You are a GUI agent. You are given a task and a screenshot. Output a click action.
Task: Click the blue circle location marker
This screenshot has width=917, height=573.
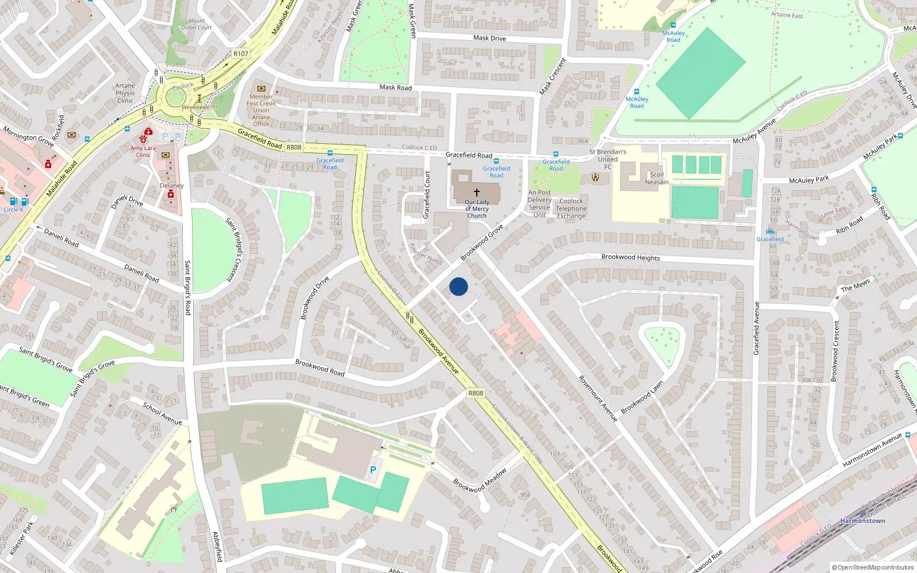458,286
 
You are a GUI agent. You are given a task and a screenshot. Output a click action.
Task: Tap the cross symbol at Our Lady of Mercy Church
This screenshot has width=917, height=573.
476,193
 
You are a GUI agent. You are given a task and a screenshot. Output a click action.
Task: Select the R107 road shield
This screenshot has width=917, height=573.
241,54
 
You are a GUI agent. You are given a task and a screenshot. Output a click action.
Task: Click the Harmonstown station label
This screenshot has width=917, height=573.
863,521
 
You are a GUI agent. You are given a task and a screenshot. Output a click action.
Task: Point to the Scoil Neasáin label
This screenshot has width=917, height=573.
657,178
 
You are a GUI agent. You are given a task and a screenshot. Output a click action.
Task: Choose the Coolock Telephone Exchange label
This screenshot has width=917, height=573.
571,209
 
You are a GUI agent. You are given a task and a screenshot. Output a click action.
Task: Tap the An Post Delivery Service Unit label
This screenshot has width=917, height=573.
539,204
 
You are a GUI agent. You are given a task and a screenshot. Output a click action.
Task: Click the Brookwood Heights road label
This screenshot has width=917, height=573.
630,257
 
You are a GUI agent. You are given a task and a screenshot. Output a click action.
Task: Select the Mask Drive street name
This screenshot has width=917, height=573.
489,38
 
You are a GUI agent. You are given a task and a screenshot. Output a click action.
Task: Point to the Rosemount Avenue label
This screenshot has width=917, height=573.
598,399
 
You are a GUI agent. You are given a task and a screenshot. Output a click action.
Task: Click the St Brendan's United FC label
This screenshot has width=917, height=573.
608,159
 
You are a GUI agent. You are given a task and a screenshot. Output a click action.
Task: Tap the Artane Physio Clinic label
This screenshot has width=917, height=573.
125,93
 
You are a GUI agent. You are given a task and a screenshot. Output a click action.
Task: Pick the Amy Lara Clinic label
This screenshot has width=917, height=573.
143,151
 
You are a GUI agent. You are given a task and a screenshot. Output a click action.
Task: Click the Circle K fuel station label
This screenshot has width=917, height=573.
14,210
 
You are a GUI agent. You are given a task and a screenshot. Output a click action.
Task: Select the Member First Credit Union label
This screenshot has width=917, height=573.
261,110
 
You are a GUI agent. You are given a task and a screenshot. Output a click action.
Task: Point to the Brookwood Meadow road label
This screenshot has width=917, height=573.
480,480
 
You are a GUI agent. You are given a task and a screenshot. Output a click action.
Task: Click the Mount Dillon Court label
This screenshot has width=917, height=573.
197,24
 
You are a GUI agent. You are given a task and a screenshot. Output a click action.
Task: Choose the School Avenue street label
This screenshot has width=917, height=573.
162,414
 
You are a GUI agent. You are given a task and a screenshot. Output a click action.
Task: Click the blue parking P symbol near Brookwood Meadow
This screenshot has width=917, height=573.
373,470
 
